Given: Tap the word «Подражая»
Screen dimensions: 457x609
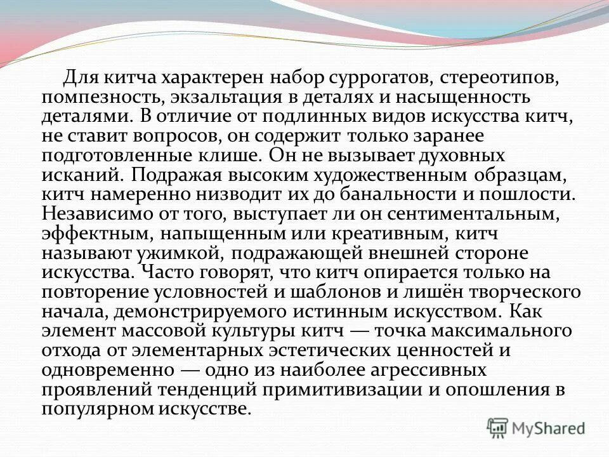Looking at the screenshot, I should pyautogui.click(x=175, y=175).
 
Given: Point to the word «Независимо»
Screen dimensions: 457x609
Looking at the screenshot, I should pyautogui.click(x=95, y=213).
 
